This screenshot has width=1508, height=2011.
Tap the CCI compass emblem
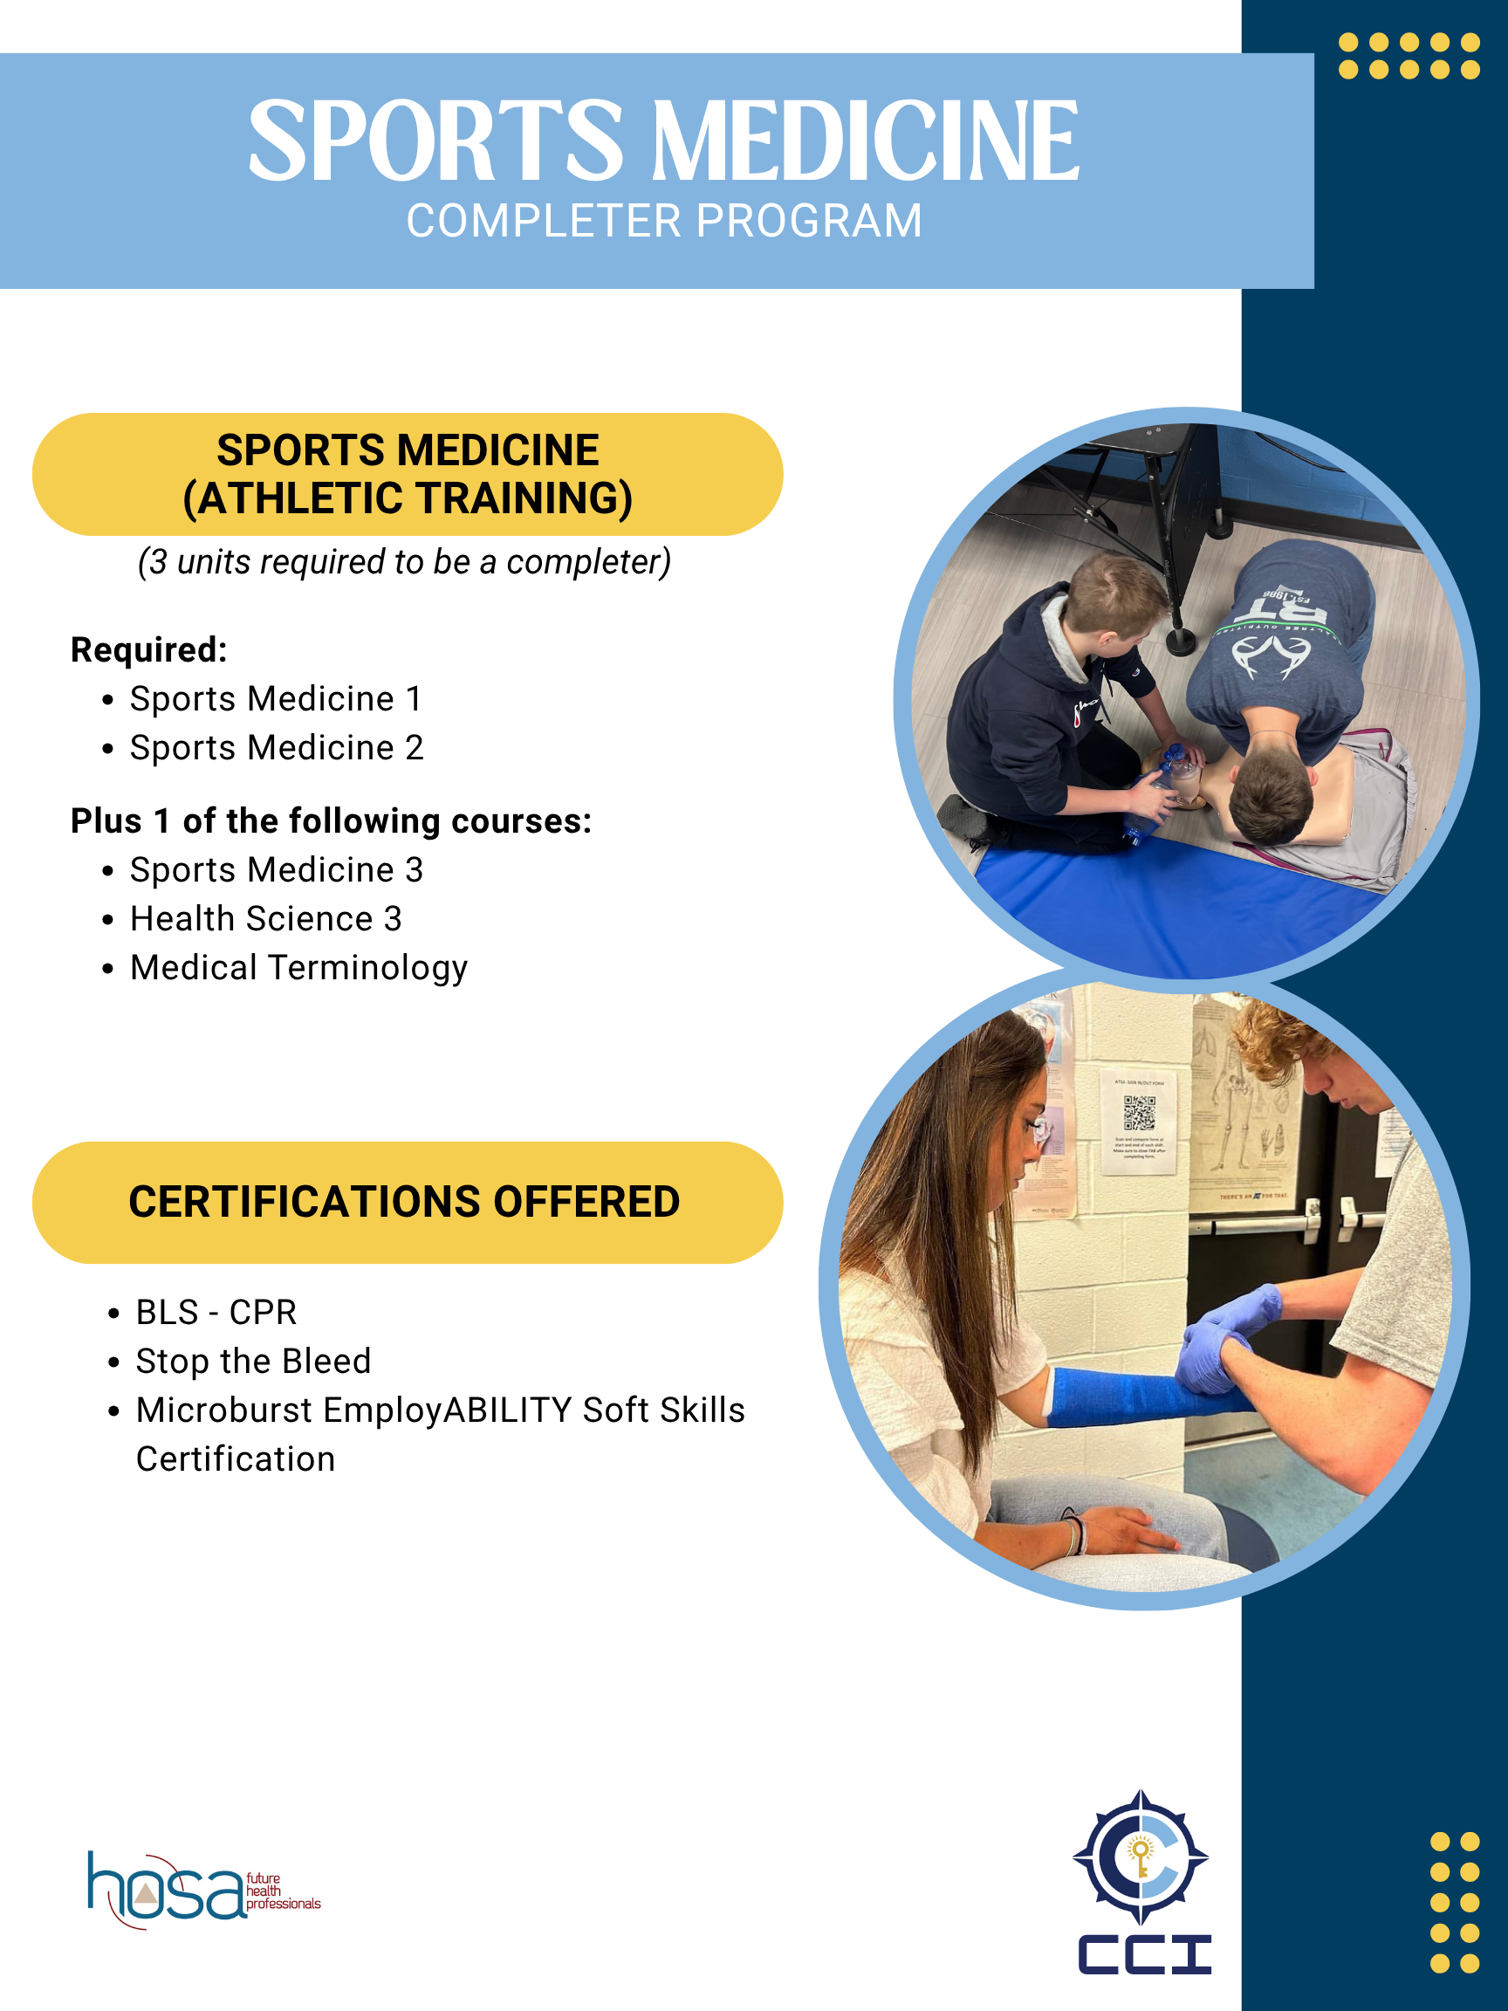[1140, 1858]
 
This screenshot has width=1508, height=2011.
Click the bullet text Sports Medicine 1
[276, 699]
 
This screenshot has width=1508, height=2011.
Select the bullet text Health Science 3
[265, 919]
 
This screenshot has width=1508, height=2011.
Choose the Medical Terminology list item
[298, 967]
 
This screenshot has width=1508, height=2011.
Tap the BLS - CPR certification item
[216, 1313]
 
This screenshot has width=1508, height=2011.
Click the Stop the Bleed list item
[253, 1361]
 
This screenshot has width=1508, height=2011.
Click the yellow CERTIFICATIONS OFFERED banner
[408, 1202]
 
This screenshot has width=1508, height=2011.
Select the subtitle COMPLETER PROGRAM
[663, 221]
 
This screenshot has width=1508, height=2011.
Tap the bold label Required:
[149, 650]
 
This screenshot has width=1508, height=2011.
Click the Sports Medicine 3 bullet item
[277, 870]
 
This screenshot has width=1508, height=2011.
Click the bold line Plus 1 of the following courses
[331, 821]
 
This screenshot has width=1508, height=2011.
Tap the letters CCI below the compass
[1143, 1955]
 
